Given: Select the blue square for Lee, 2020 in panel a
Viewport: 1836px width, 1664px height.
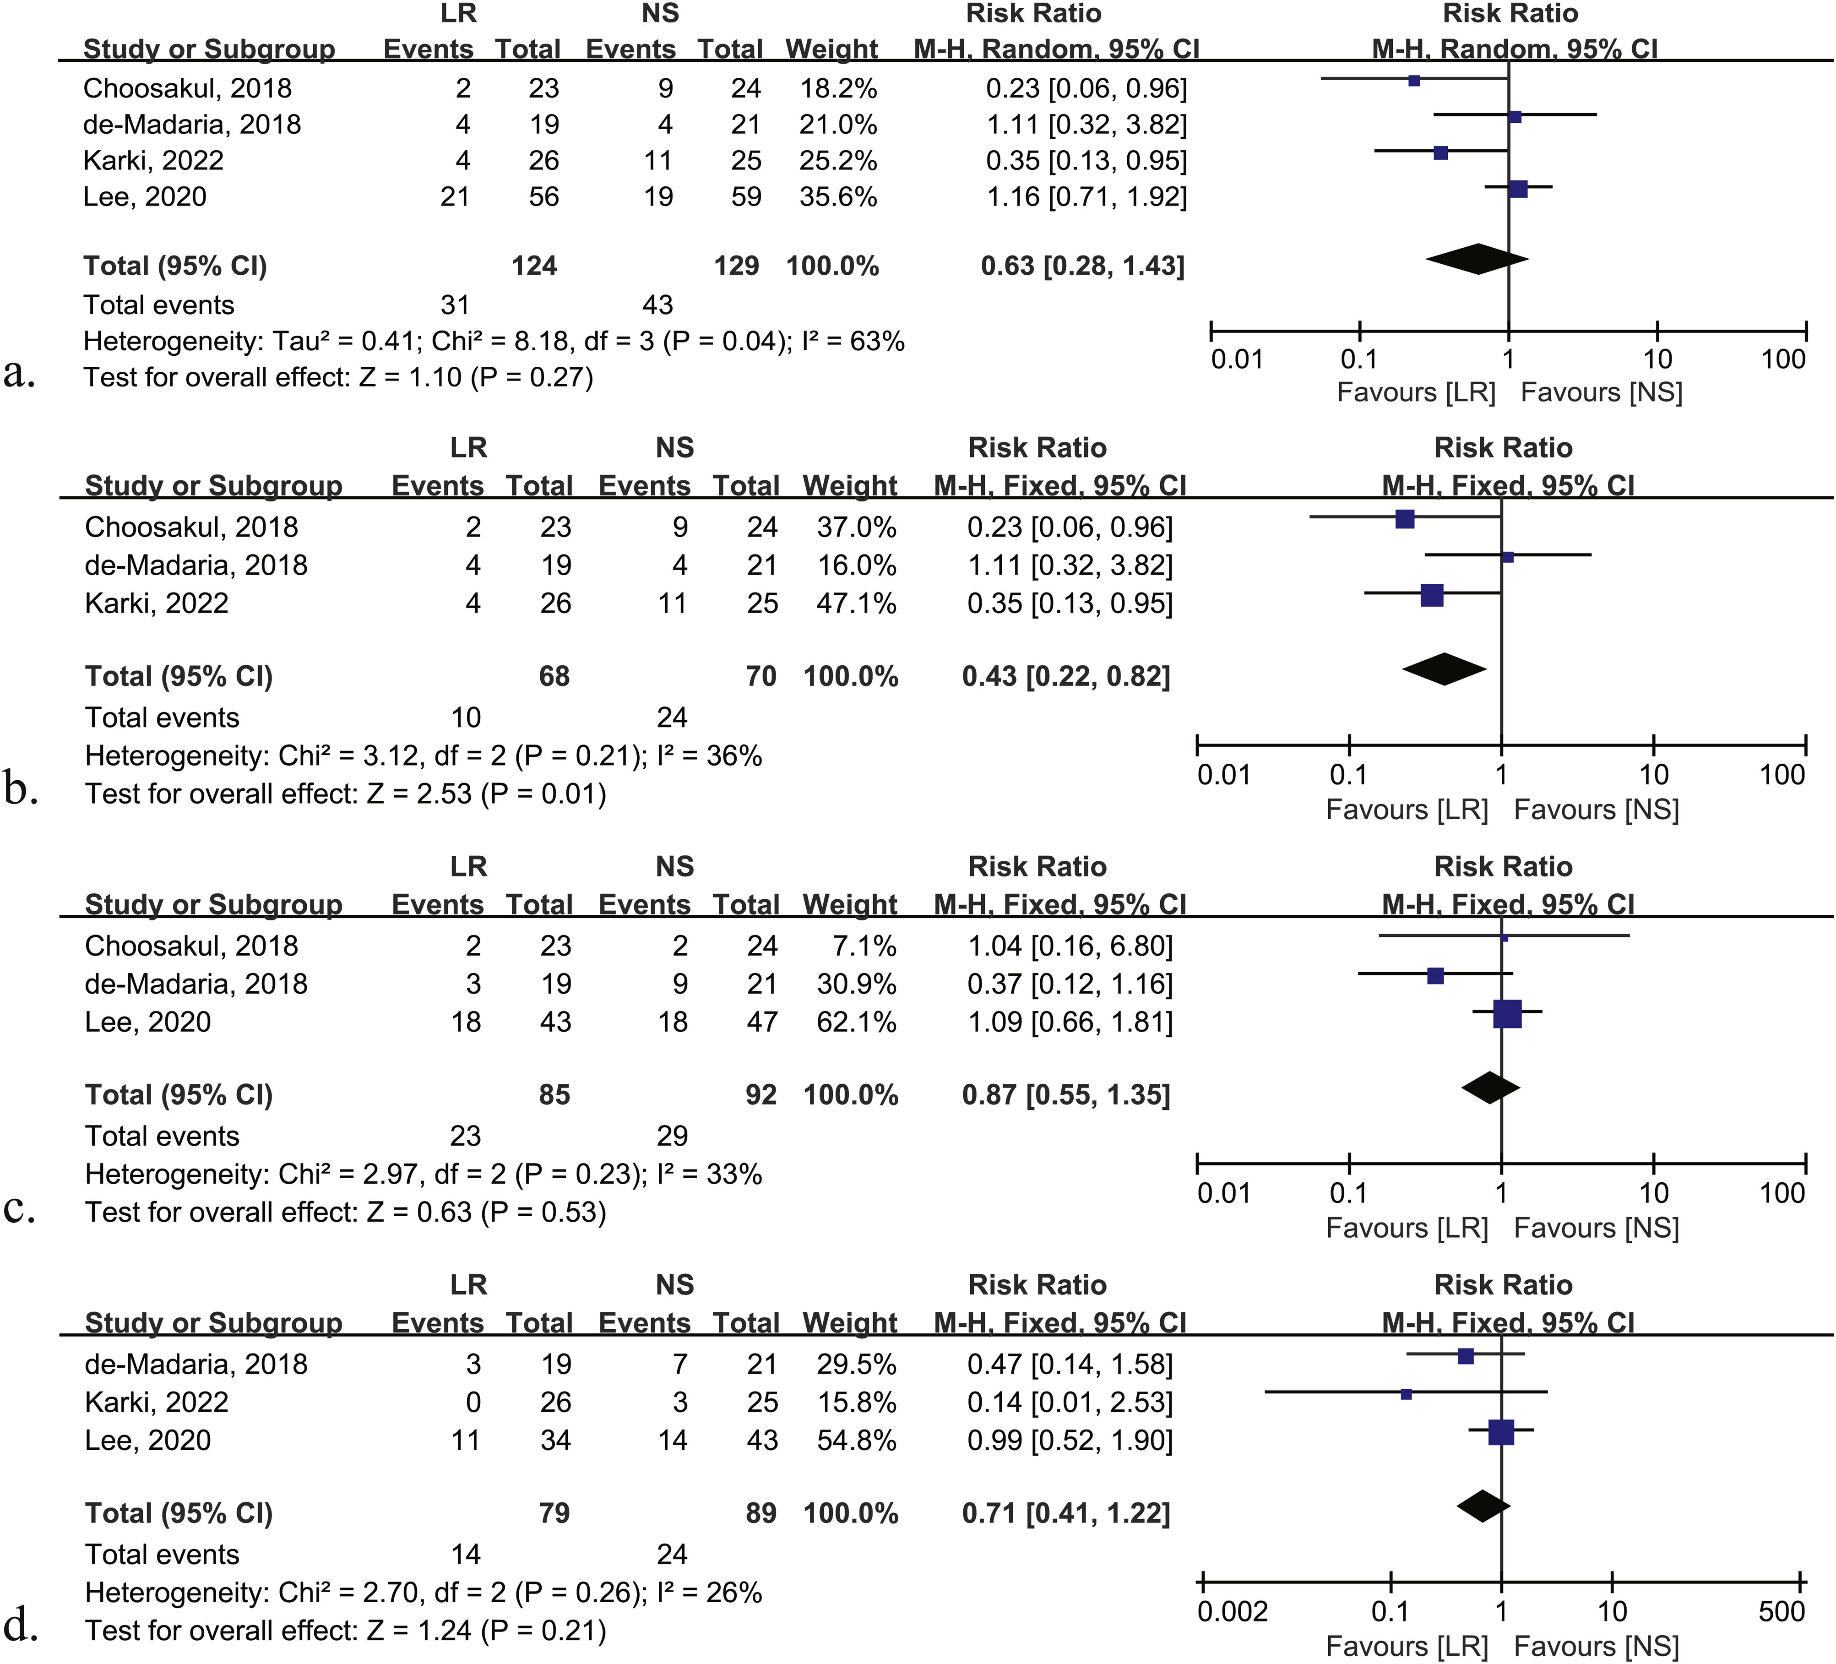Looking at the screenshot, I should coord(1518,189).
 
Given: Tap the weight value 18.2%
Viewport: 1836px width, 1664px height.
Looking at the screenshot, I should coord(838,88).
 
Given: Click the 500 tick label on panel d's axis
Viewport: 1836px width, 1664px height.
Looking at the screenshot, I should coord(1782,1611).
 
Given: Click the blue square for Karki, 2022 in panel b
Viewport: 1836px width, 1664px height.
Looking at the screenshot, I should coord(1432,596).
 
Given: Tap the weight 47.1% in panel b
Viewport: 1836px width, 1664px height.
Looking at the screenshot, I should coord(856,603).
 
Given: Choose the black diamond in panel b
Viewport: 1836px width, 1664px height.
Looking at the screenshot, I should coord(1445,669).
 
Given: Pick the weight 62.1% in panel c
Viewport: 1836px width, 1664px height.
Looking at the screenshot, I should coord(856,1022).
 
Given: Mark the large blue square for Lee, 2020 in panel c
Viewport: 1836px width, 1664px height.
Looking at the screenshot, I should coord(1507,1014).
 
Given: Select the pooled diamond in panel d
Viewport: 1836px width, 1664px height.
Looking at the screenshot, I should coord(1483,1506).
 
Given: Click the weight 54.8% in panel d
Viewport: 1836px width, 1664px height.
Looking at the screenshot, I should coord(856,1440).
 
